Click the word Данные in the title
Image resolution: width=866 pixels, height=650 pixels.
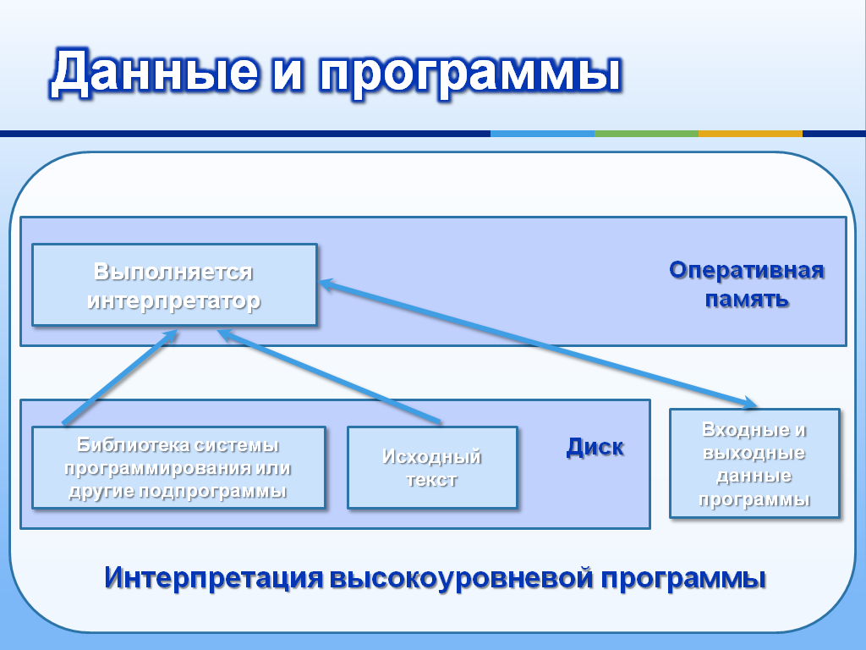(155, 72)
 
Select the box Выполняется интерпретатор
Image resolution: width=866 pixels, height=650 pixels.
(174, 284)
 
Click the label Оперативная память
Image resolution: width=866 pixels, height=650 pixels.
(747, 284)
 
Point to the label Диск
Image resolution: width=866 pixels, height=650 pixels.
(595, 447)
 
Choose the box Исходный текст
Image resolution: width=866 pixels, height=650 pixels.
(432, 467)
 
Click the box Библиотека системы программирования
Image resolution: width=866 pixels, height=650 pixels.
(179, 467)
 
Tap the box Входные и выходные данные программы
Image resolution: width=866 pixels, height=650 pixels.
(754, 463)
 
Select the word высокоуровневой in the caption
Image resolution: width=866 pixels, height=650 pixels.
(463, 578)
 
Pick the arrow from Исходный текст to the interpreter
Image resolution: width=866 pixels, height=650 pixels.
(329, 377)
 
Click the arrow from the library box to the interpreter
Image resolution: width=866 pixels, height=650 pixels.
(120, 377)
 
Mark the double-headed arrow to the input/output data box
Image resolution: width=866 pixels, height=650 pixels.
(539, 344)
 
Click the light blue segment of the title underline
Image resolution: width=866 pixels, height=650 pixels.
(542, 134)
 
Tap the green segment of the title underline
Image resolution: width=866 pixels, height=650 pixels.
(647, 134)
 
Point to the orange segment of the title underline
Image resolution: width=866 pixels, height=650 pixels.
(751, 134)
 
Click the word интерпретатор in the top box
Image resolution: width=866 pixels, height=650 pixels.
(174, 301)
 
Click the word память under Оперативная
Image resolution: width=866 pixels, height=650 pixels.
(747, 299)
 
